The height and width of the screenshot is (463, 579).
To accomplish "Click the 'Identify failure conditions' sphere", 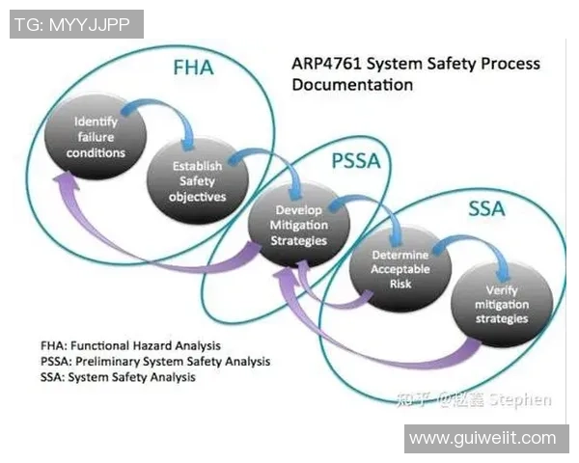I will point(98,138).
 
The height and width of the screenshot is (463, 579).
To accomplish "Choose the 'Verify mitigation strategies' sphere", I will point(502,303).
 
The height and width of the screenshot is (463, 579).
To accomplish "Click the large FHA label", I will point(193,69).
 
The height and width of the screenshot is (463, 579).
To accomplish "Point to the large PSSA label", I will point(356,162).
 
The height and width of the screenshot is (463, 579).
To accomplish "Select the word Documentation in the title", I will point(352,85).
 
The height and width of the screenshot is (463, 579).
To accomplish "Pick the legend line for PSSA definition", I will point(154,362).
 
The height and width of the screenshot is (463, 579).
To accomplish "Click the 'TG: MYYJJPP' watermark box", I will point(76,24).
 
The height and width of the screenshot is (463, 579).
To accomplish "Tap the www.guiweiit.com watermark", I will point(482,438).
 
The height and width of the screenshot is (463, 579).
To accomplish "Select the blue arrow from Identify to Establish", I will point(158,114).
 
